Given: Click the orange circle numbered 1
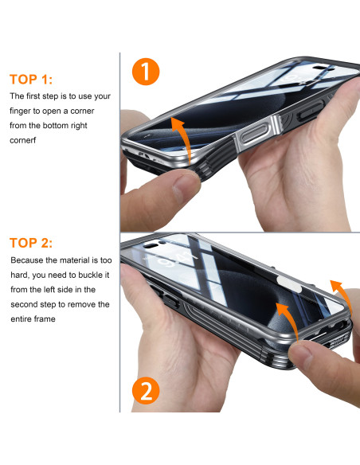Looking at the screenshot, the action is [x=146, y=72].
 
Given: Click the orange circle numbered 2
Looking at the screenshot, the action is [x=146, y=390].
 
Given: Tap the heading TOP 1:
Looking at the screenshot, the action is [x=31, y=80].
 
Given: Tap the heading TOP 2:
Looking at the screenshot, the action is [x=31, y=243].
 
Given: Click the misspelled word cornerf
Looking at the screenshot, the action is [x=22, y=140].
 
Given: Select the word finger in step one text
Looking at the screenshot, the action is [x=21, y=111].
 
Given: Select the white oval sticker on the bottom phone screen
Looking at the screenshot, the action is [x=289, y=283].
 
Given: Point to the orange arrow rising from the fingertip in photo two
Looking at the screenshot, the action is [x=289, y=318].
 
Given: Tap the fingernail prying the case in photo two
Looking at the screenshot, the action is [x=300, y=352].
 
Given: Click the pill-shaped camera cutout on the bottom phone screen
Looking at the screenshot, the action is [x=152, y=245].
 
